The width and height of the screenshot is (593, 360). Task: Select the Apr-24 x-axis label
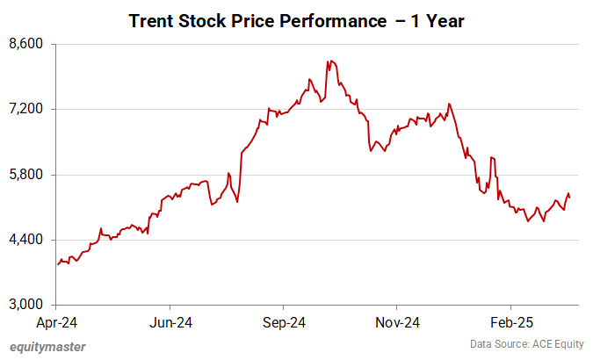coord(57,322)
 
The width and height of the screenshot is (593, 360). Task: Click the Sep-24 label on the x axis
coord(283,322)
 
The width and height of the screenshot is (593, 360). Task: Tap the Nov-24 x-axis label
coord(395,322)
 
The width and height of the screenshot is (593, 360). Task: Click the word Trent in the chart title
coord(151,19)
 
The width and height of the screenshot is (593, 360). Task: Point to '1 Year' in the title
coord(437,19)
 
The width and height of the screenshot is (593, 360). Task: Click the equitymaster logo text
coord(47,347)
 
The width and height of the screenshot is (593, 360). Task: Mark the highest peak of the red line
coord(328,61)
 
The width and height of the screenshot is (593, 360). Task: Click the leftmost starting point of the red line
coord(57,263)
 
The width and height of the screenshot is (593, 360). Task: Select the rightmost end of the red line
coord(570,198)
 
